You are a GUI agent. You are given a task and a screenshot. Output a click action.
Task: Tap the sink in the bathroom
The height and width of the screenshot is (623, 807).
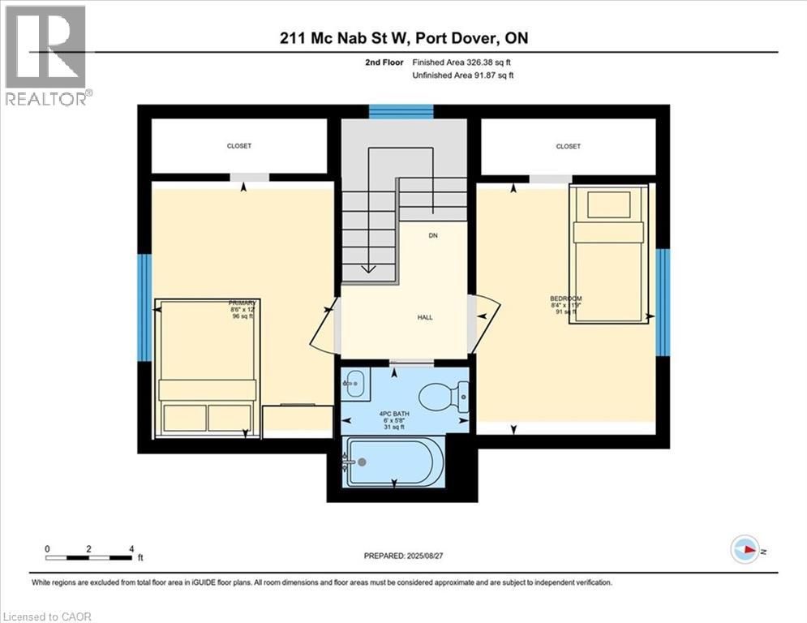(x=354, y=382)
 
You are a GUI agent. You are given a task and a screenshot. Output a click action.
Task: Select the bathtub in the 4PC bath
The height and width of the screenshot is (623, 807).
(x=394, y=462)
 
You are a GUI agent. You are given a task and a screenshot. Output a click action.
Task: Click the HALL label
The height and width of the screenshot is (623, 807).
(x=425, y=317)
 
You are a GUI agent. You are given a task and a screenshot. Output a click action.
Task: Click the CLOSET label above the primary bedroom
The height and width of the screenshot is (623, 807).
(x=239, y=146)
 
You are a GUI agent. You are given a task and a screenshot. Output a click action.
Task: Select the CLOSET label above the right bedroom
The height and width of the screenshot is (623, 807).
(x=568, y=147)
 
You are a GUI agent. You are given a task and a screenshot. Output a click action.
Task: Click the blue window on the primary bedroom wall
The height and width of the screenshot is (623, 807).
(x=144, y=308)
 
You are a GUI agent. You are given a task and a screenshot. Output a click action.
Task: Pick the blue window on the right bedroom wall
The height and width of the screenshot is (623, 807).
(x=663, y=302)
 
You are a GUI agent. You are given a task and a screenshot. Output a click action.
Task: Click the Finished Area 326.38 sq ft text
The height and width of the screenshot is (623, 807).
(x=463, y=62)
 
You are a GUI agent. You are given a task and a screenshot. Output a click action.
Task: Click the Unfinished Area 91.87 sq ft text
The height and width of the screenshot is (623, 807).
(x=463, y=75)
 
